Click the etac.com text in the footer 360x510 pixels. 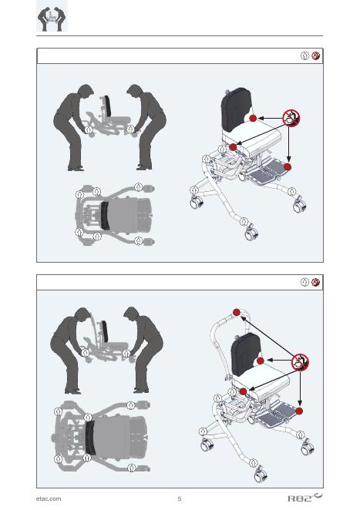tap(49, 498)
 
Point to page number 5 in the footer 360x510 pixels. tap(180, 498)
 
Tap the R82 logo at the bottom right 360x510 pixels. tap(305, 498)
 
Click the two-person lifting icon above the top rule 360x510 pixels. tap(52, 18)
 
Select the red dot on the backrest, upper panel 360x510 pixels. tap(253, 118)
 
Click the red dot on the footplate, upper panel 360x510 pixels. tap(287, 167)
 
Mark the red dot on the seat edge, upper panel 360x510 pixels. tap(233, 147)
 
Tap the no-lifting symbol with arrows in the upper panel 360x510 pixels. tap(291, 118)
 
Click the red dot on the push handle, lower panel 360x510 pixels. tap(237, 312)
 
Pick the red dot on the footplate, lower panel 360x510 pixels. tap(299, 411)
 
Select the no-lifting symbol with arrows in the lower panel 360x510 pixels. tap(300, 362)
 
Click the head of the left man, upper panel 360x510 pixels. tap(86, 92)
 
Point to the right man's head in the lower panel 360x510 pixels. tap(132, 315)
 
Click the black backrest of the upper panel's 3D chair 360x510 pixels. tap(236, 109)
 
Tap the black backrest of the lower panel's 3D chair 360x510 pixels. tap(246, 354)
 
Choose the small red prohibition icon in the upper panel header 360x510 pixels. tap(315, 55)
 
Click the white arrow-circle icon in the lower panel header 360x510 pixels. tap(304, 282)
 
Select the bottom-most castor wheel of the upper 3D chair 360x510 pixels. tap(251, 233)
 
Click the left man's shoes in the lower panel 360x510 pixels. tap(72, 391)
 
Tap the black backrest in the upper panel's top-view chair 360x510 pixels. tap(105, 215)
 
